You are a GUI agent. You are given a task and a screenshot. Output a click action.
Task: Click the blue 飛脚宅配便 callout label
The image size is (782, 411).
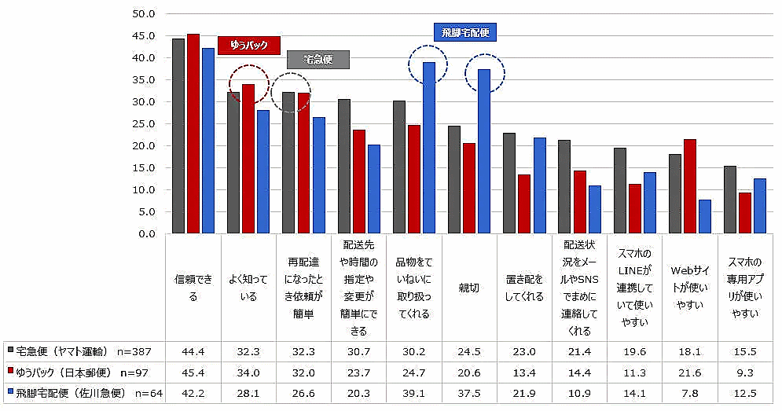click(x=464, y=32)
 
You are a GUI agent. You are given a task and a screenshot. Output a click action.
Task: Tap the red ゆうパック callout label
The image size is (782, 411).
click(x=249, y=46)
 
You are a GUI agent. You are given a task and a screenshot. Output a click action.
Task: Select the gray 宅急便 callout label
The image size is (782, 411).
click(x=318, y=60)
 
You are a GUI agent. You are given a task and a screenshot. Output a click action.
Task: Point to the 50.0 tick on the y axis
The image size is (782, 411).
click(x=145, y=14)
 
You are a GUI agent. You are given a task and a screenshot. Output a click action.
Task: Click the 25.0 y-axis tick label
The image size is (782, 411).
click(x=145, y=124)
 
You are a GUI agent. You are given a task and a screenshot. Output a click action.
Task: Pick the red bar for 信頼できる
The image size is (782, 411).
click(x=193, y=134)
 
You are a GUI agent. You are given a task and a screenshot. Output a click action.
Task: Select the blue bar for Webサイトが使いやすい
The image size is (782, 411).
click(x=705, y=217)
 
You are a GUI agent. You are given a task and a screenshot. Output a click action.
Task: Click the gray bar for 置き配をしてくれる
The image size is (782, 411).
click(x=509, y=183)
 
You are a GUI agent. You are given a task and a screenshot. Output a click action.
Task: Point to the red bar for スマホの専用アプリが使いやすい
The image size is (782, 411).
click(x=745, y=213)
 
